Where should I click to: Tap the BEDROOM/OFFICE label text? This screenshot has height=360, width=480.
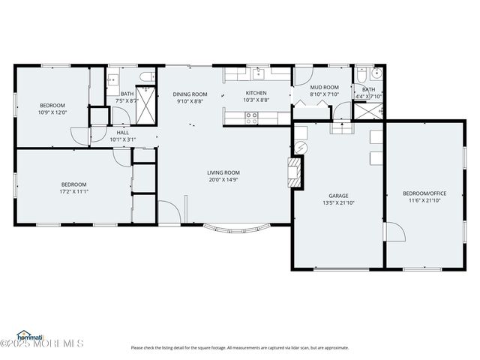point(424,194)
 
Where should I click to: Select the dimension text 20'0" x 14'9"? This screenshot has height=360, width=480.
point(223,180)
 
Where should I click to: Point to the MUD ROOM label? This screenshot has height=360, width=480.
point(324,87)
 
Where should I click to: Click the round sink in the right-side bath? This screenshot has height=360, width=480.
point(376,75)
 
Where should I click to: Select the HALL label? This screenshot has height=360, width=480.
point(122,132)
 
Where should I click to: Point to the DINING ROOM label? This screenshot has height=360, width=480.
point(190,94)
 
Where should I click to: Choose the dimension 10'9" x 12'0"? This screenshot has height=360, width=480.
point(52,112)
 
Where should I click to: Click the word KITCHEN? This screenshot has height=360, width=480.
point(256,94)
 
